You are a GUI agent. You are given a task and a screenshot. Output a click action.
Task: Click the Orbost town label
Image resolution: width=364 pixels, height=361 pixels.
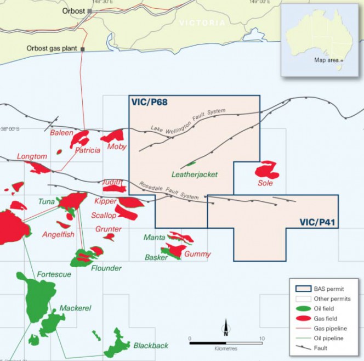73,10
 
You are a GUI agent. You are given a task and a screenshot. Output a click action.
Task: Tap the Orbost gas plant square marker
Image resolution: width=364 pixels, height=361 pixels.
82,48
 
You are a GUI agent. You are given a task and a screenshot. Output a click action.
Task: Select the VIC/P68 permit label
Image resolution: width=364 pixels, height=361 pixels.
149,102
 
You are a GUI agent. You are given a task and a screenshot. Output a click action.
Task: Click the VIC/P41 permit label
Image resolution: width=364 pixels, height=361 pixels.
317,222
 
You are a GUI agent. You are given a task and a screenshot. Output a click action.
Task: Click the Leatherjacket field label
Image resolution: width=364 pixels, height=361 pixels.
195,175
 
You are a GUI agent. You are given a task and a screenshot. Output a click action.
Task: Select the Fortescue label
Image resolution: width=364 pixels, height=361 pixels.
54,274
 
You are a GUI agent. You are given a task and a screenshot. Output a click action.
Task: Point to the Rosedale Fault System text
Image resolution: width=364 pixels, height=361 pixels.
168,190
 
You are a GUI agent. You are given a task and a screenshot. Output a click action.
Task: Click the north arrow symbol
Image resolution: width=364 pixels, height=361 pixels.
225,328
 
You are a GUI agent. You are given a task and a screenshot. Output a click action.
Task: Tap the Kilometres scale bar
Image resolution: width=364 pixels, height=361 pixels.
226,343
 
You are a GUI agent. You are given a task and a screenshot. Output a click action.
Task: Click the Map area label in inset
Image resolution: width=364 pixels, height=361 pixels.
327,60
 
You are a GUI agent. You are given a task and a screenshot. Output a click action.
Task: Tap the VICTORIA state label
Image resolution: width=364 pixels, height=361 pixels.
202,23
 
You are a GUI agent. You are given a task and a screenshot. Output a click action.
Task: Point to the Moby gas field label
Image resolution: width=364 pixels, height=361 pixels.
117,146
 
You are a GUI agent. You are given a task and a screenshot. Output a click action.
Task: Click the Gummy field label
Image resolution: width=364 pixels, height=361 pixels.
197,254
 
